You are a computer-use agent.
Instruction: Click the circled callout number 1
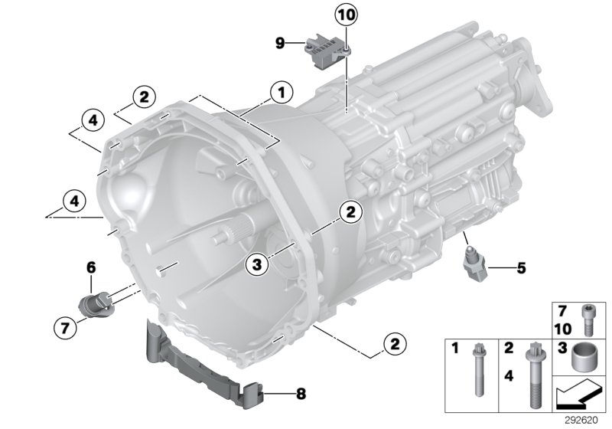click(281, 93)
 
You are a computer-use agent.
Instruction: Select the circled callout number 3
click(257, 264)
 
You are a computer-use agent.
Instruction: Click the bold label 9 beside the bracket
click(280, 44)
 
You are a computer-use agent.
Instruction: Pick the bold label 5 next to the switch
click(522, 268)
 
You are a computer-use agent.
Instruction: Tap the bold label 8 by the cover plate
click(300, 395)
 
